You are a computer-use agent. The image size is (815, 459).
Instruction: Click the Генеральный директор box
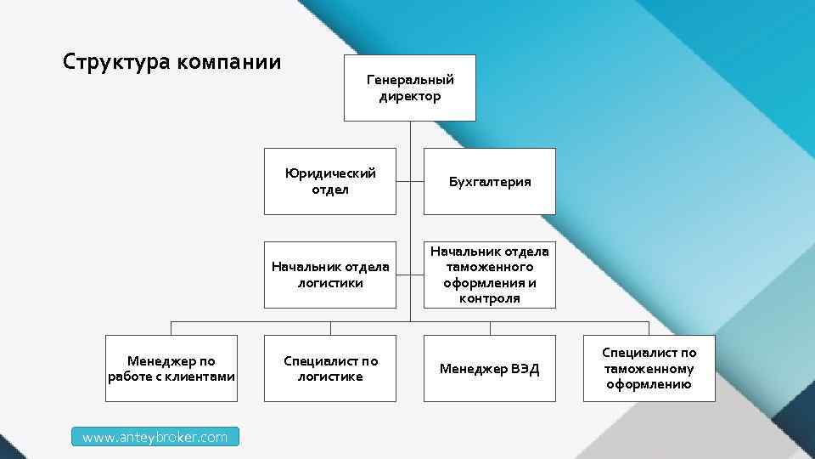pos(409,88)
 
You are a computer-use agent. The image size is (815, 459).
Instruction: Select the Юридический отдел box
pos(329,181)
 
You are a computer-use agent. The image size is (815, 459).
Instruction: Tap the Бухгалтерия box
pos(490,181)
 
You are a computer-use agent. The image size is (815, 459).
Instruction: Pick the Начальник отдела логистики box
pos(329,275)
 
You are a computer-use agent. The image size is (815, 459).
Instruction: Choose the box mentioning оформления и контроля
pos(490,275)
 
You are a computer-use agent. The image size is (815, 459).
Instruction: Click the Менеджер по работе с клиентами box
pos(171,368)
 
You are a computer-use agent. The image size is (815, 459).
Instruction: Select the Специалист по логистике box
pos(329,368)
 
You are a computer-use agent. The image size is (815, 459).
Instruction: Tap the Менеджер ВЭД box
pos(490,368)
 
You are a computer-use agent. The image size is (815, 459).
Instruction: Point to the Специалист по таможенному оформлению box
pos(649,368)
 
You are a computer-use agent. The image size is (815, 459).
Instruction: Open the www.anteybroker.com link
pos(155,437)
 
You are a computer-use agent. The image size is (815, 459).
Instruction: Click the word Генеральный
pos(410,79)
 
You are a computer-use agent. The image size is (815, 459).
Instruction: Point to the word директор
pos(410,96)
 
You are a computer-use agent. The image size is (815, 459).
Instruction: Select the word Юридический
pos(330,173)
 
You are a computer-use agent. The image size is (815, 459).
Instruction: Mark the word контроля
pos(490,299)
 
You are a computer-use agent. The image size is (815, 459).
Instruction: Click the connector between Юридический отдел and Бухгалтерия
pos(410,181)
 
